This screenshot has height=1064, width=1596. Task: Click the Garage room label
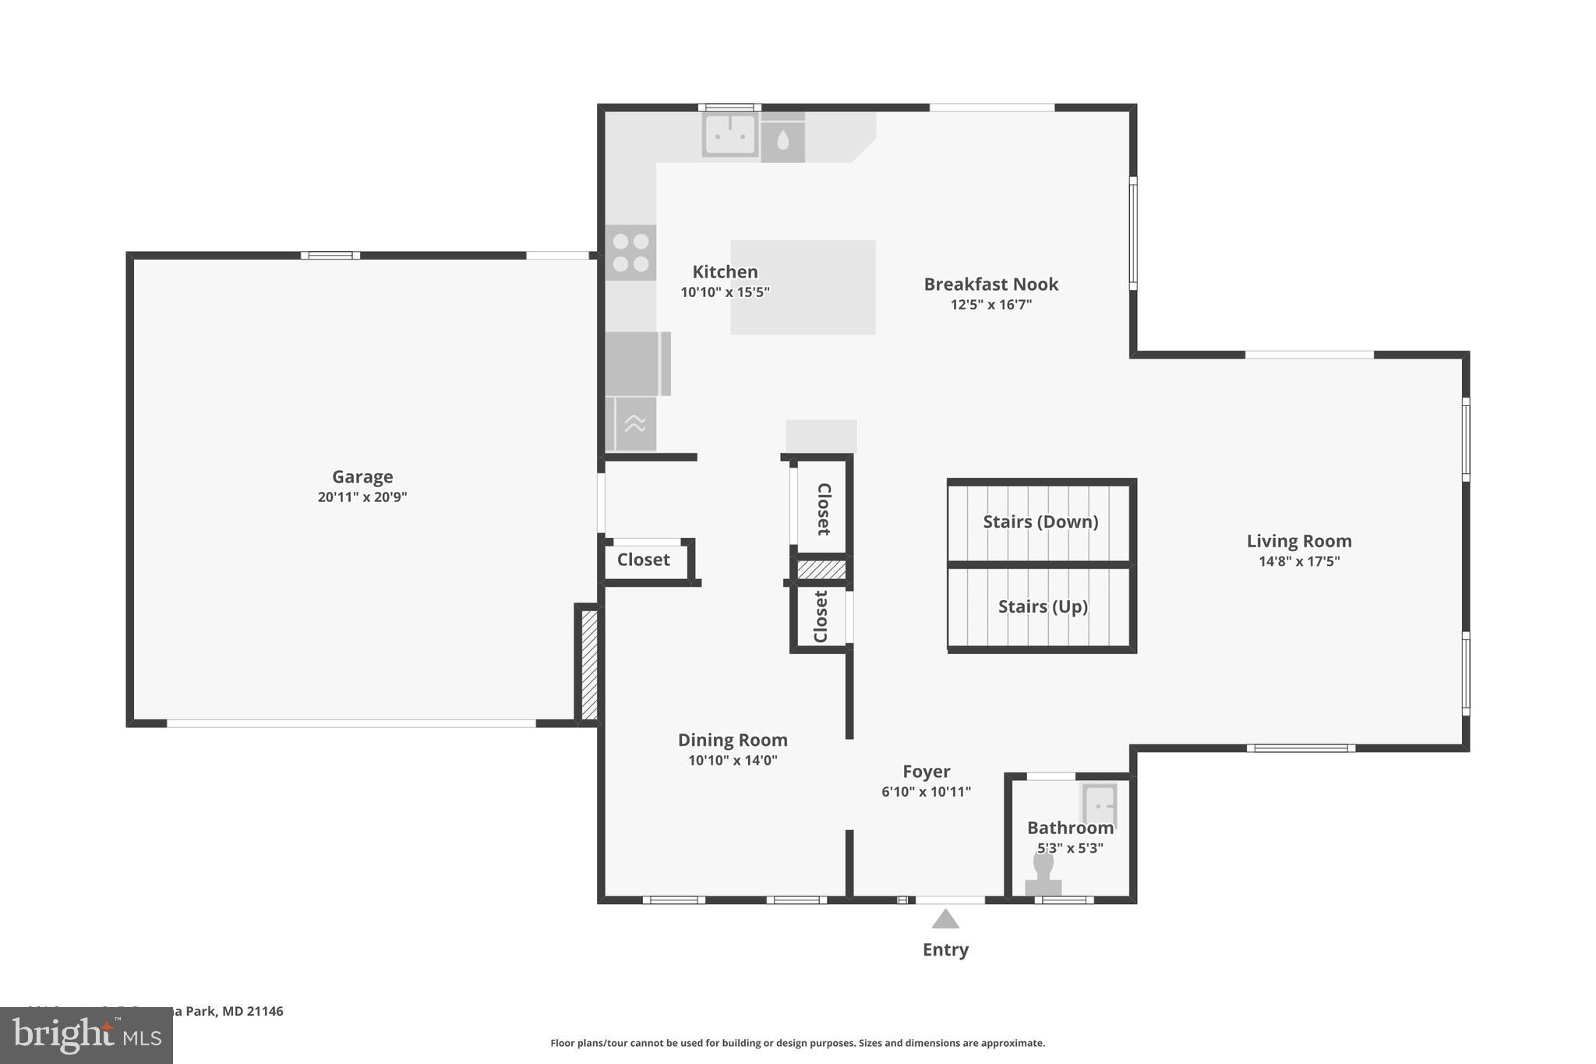click(362, 476)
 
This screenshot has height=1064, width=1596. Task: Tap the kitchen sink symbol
click(729, 134)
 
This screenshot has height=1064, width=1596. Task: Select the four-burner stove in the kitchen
click(630, 253)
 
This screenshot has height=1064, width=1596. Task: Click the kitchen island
click(803, 288)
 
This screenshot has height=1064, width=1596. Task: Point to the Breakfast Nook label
click(990, 285)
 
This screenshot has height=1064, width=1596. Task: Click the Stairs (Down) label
click(1040, 521)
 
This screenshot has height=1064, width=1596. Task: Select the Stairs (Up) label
click(1043, 606)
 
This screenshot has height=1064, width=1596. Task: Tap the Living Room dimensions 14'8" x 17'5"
click(1299, 561)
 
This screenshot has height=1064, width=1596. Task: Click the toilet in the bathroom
click(1043, 875)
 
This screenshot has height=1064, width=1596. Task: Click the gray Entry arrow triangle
click(945, 920)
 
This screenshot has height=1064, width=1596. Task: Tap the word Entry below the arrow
click(945, 949)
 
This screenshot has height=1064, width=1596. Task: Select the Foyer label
click(926, 772)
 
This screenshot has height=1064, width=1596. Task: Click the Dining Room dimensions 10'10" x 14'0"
click(733, 760)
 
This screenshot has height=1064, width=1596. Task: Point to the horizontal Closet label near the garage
click(643, 560)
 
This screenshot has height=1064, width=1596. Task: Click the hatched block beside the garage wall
click(589, 665)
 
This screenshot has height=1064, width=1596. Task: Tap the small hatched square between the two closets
click(821, 570)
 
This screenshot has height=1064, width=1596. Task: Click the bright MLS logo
click(86, 1036)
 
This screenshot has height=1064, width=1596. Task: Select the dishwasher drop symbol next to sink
click(782, 141)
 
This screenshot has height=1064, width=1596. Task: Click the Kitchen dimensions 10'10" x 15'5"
click(725, 292)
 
